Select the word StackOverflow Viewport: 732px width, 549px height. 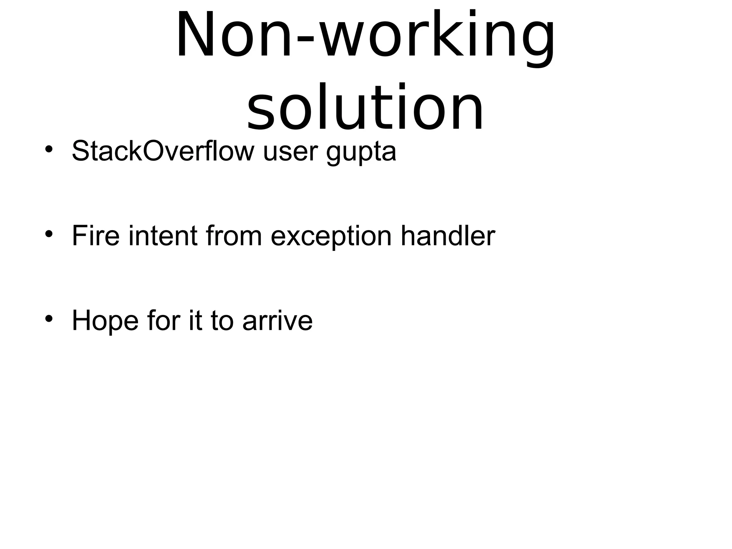(x=163, y=151)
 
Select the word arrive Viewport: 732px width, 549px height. (x=277, y=321)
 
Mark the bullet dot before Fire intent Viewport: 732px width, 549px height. (x=49, y=234)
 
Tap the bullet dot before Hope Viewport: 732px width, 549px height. (x=49, y=318)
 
